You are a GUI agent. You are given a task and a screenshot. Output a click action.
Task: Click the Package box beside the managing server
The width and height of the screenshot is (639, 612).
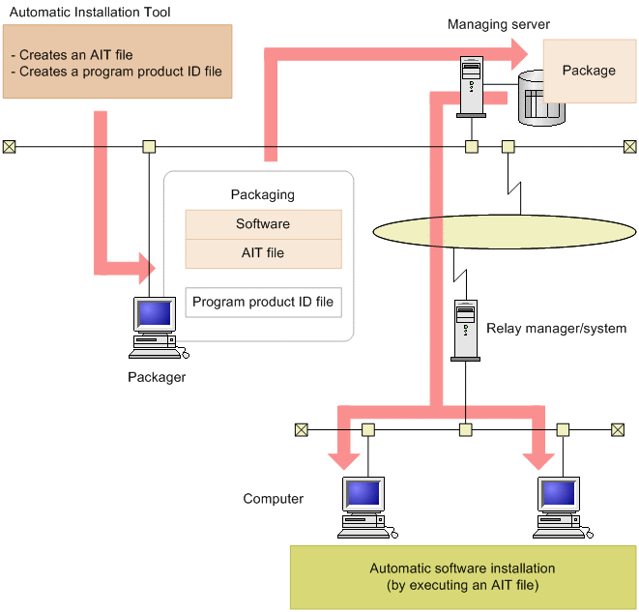coord(589,71)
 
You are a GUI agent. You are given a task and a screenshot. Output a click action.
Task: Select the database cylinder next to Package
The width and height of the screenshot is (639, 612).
coord(539,99)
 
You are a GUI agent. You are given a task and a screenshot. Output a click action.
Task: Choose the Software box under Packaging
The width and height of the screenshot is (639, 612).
coord(263,224)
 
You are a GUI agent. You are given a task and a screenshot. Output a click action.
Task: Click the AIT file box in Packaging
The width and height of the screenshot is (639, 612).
coord(263,253)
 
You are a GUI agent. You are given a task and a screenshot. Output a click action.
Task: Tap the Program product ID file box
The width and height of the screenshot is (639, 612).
coord(263,302)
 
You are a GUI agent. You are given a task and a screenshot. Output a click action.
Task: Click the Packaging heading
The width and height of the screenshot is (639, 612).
coord(263,194)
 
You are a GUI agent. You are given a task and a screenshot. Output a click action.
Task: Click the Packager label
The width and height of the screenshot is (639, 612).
coord(157,377)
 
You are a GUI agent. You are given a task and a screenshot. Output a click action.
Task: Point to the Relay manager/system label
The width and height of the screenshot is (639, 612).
coord(556,329)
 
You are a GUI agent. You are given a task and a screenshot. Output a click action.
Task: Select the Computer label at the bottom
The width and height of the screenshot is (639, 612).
coord(274,499)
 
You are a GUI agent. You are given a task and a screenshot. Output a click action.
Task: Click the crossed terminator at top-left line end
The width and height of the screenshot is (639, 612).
coord(9,147)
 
